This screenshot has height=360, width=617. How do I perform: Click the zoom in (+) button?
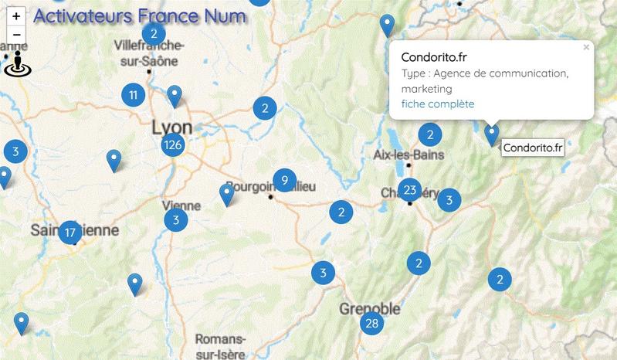(16, 15)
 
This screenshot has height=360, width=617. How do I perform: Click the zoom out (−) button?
(16, 35)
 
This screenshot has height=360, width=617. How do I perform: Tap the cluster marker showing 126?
(173, 144)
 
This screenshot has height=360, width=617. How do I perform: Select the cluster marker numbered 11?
(134, 96)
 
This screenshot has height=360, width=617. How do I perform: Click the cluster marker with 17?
(70, 232)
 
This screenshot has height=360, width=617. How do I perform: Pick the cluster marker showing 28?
(372, 323)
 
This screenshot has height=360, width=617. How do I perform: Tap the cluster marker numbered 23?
(410, 190)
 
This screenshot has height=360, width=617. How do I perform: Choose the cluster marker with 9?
(285, 181)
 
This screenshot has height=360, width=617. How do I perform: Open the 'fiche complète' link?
(438, 104)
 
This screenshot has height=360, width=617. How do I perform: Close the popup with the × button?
(586, 48)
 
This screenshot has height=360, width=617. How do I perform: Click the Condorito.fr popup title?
(434, 57)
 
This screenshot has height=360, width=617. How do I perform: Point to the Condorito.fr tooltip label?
(532, 148)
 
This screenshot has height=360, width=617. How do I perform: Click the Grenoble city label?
(370, 309)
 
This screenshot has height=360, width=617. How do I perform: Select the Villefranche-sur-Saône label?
(147, 53)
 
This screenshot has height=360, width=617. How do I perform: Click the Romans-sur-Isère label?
(221, 345)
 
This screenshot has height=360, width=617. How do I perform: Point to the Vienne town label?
(182, 206)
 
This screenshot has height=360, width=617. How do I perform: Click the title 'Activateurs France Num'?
(141, 15)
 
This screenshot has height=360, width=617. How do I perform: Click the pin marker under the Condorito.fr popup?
(492, 135)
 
